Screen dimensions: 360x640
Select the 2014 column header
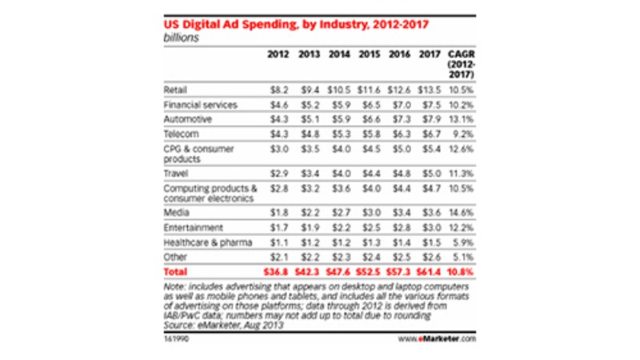340,56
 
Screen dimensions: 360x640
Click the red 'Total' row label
174,273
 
